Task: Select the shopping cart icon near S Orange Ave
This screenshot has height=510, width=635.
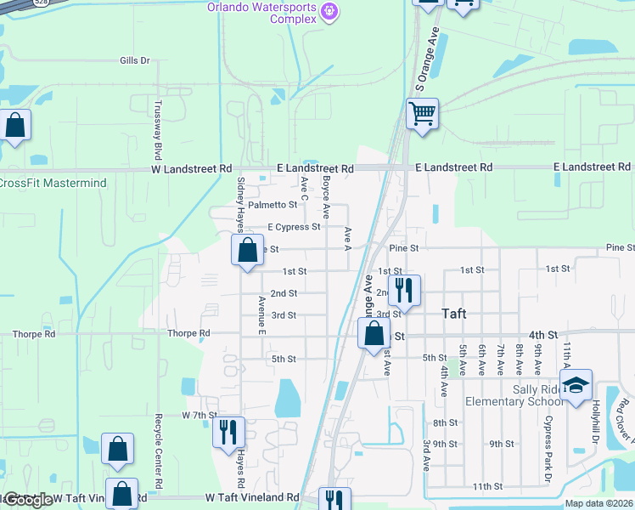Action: (422, 112)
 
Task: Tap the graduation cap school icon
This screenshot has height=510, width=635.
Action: (576, 384)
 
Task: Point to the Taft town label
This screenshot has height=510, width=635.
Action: (454, 313)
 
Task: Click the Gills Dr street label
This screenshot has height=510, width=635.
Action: (134, 60)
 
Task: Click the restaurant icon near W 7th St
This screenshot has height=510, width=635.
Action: (228, 431)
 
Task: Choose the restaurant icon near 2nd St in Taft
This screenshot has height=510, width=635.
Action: (404, 289)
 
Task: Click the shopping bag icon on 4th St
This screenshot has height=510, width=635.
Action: (374, 333)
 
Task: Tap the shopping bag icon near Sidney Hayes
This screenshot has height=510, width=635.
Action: (247, 250)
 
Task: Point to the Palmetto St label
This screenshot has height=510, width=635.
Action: (272, 204)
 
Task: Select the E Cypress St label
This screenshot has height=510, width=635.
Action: (293, 227)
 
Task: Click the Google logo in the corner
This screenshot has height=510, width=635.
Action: (27, 499)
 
